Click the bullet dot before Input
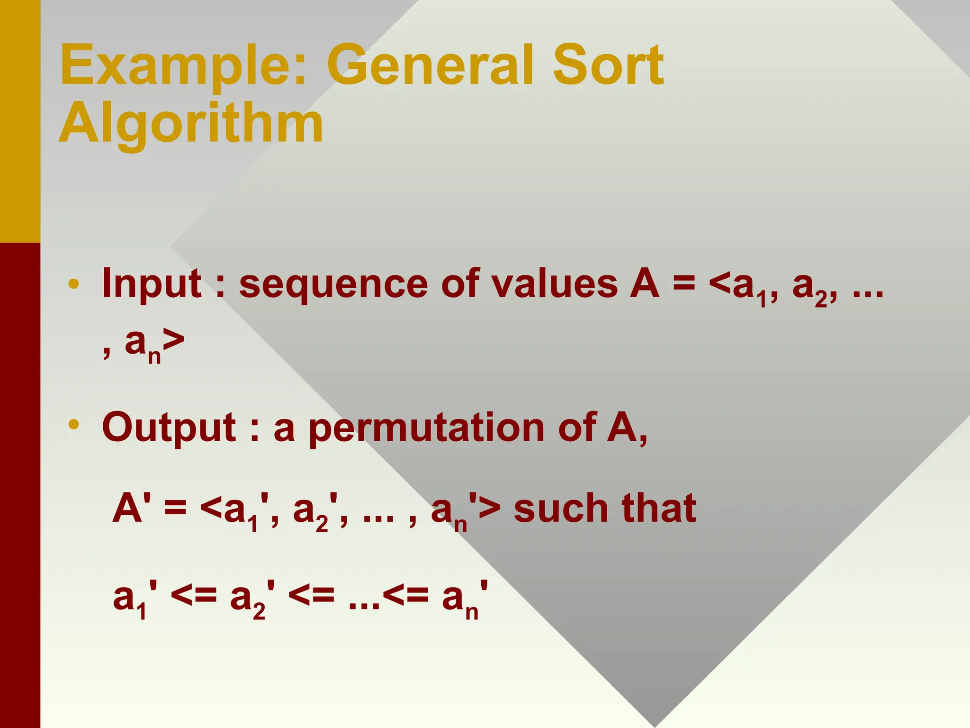[73, 284]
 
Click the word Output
[169, 428]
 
